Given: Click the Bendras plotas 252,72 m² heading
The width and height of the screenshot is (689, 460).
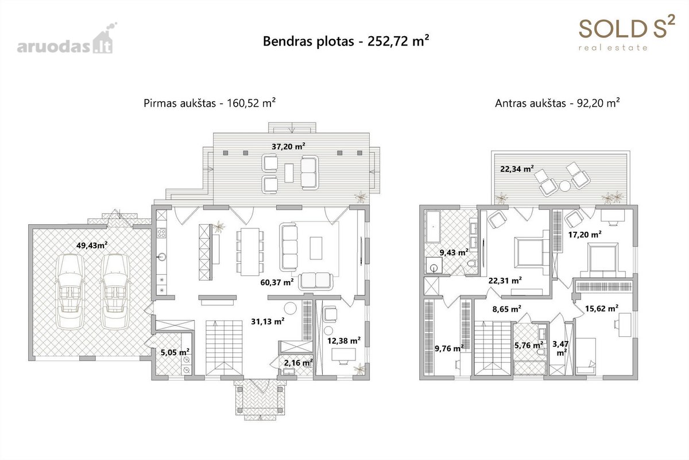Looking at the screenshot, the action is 346,41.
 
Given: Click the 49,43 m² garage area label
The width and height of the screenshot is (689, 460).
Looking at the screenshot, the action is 92,246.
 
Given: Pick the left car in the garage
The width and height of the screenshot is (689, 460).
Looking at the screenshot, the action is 70,292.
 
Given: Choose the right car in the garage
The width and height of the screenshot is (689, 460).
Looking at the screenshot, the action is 115,292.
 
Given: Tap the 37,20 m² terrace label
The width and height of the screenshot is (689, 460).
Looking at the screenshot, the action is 288,147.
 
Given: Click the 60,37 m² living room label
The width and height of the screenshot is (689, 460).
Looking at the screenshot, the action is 277,282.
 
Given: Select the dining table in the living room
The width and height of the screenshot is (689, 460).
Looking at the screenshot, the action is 250,252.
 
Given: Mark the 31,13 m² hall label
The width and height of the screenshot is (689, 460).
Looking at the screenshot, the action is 268,321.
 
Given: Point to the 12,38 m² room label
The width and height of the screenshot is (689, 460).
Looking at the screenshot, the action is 344,340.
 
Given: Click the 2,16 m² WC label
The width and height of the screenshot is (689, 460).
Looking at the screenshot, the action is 299,363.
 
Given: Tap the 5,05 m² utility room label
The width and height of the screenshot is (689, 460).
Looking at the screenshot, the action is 175,352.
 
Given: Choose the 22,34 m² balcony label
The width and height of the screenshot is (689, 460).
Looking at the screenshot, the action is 517,168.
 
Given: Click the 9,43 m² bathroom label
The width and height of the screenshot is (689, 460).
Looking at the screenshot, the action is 454,252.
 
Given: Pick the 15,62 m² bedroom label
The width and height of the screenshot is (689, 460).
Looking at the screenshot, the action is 602,308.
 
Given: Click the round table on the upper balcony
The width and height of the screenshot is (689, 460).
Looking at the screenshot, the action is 565,186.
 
